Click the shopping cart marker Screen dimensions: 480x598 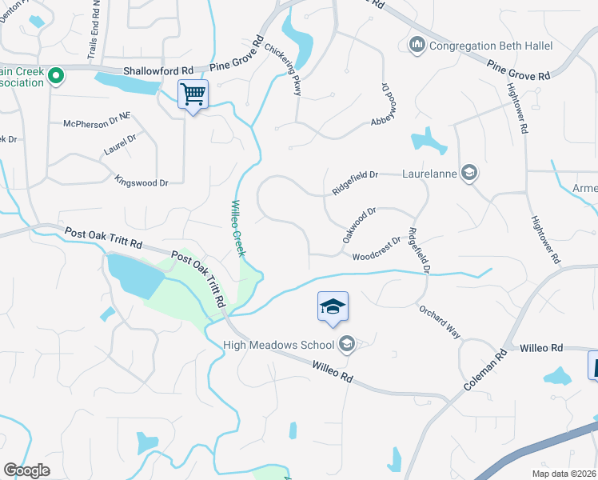(193, 94)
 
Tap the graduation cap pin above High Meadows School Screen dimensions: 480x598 (333, 306)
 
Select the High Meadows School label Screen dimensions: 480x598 (280, 345)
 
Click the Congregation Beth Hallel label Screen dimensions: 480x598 (491, 46)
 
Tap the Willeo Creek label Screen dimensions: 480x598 (238, 229)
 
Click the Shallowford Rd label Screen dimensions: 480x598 (158, 71)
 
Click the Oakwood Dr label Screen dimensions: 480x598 (359, 226)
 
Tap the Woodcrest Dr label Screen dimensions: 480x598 (376, 249)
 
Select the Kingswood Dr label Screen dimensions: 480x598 (142, 182)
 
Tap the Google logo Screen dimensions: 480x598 (26, 470)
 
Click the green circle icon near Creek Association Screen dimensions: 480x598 (55, 77)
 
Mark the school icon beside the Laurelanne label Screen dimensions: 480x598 (470, 172)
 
